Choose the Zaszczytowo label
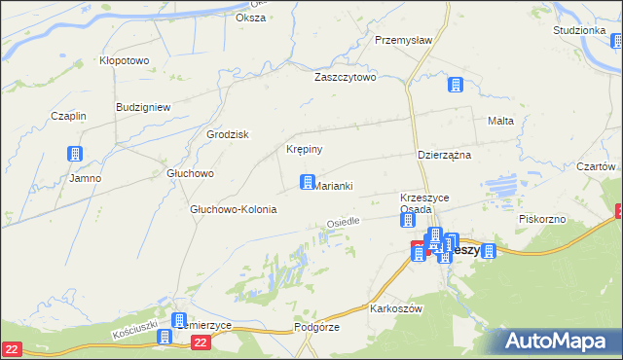(345, 77)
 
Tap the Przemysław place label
(403, 41)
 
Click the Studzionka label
(580, 30)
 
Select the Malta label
(499, 121)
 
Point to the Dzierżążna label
(444, 155)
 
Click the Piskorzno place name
(542, 219)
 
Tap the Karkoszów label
(395, 308)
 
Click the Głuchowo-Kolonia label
(233, 209)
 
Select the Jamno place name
(85, 178)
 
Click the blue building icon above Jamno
(74, 154)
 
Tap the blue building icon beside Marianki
(307, 182)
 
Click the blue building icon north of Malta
(454, 86)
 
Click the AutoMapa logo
(559, 341)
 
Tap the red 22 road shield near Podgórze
(201, 342)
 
